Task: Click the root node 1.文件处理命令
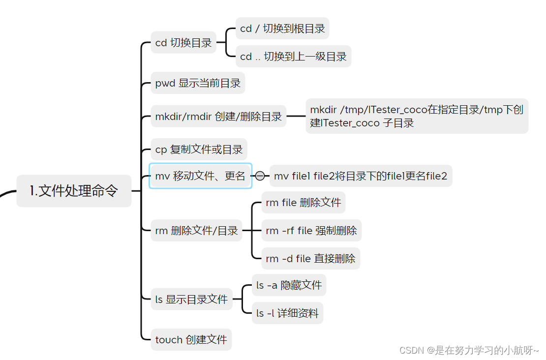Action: (x=74, y=191)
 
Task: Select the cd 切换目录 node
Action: (x=183, y=43)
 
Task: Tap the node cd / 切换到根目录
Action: (x=282, y=29)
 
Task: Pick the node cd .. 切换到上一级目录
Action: (x=293, y=57)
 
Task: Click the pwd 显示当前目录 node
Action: (x=198, y=83)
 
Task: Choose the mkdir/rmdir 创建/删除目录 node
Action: (x=218, y=117)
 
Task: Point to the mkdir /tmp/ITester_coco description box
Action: (x=417, y=117)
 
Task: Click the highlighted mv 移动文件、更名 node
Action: (x=200, y=176)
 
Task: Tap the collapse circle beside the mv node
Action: (x=260, y=176)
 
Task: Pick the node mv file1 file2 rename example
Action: (x=361, y=176)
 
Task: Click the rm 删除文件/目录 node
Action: (x=196, y=230)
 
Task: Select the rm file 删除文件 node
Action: (x=303, y=203)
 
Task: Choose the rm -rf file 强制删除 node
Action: (x=311, y=230)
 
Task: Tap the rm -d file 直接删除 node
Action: (x=310, y=258)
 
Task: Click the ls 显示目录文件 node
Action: (x=191, y=299)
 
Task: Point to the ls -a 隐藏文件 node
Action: (x=289, y=285)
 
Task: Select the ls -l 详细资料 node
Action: (x=287, y=313)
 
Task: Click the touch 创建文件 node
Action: (x=191, y=339)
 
